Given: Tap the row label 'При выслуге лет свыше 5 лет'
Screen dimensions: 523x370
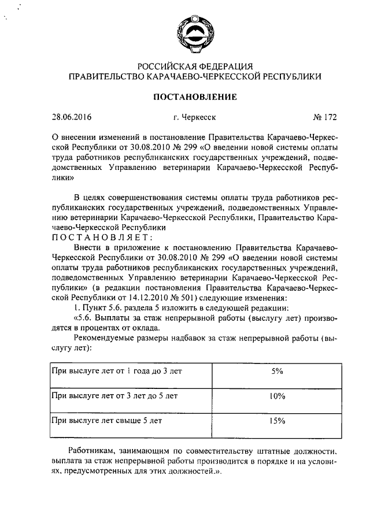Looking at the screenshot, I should click(x=106, y=421).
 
